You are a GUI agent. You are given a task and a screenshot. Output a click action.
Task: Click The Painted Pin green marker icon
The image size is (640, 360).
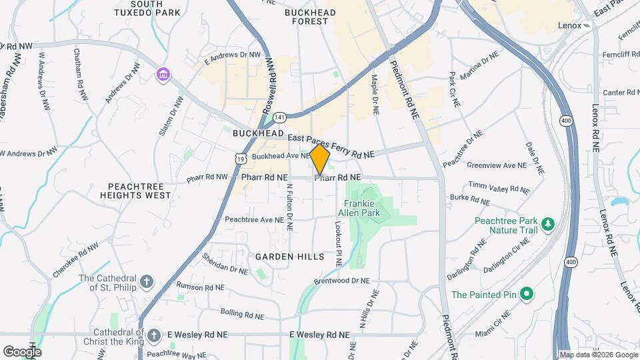click(x=526, y=293)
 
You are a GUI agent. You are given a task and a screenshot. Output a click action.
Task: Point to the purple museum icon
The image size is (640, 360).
click(x=163, y=74)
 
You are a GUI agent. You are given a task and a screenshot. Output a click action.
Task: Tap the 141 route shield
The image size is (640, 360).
click(x=280, y=117)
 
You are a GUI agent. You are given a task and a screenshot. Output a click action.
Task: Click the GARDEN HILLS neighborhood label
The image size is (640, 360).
click(x=289, y=257)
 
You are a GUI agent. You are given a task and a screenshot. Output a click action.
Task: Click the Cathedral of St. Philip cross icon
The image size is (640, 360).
click(x=147, y=283)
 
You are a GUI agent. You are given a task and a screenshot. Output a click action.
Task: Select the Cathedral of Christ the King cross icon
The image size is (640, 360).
click(x=154, y=335)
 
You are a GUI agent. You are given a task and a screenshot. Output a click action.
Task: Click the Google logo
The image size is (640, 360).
click(x=22, y=351)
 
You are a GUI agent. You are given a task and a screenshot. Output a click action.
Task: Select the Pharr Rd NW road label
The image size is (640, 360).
click(x=207, y=178)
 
